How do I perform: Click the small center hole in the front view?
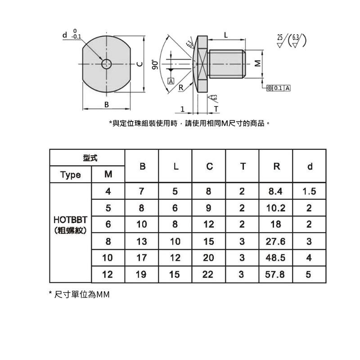point(107,63)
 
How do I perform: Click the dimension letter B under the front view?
point(106,104)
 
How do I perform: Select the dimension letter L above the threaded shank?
point(226,35)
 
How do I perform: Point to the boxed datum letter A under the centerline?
point(171,81)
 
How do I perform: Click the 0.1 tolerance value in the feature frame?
point(278,88)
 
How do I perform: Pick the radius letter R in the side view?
point(180,88)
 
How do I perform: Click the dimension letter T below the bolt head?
point(216,109)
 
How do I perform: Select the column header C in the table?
point(209,166)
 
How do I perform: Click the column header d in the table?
point(309,166)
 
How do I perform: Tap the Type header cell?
point(71,175)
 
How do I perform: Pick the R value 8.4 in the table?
point(275,191)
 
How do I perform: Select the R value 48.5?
point(275,258)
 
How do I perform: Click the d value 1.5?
point(309,191)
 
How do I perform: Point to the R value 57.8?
point(275,274)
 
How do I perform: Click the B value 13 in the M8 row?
point(141,241)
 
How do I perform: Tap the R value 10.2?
point(275,208)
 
